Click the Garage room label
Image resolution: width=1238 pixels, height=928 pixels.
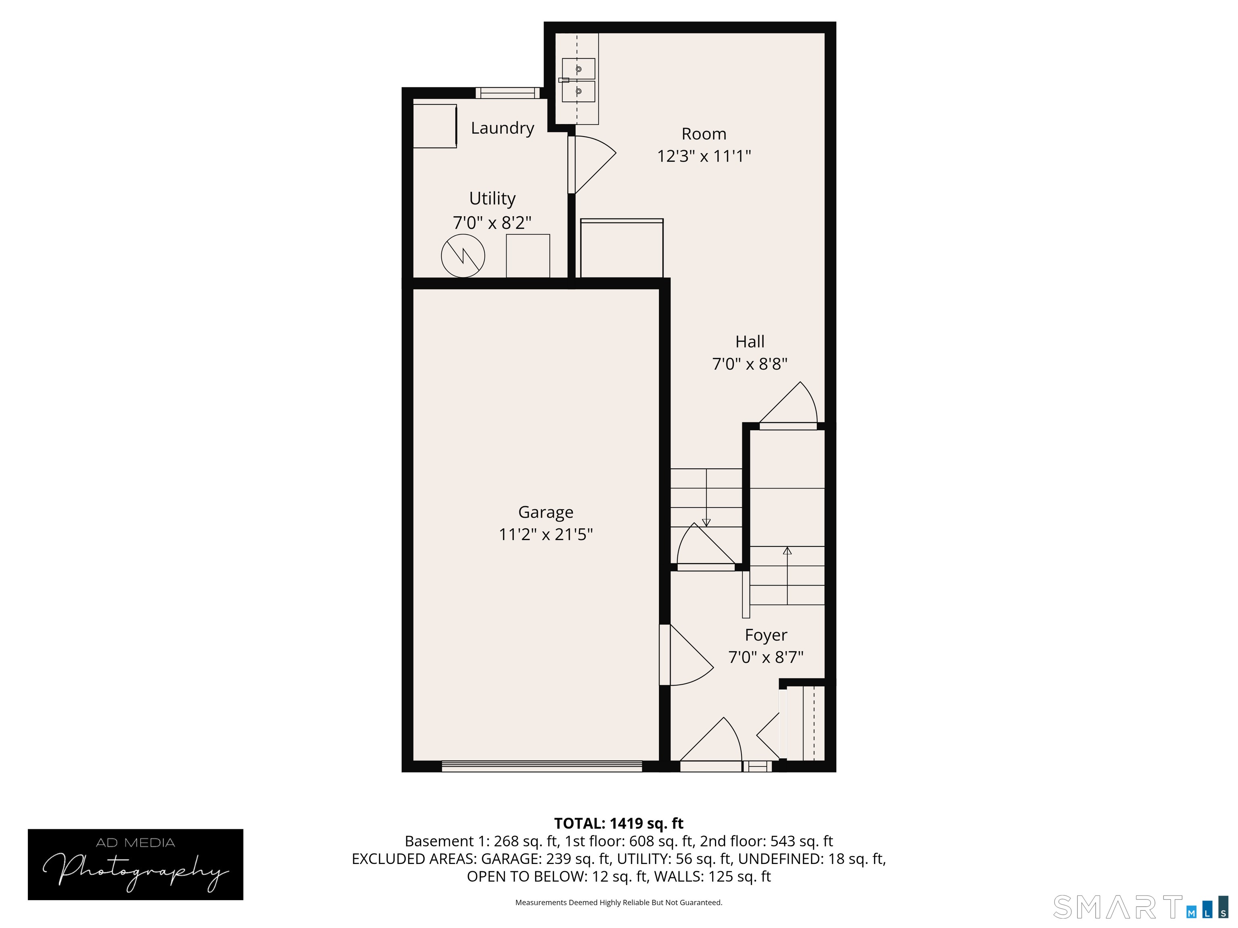point(545,512)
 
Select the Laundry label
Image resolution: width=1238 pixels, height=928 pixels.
point(502,128)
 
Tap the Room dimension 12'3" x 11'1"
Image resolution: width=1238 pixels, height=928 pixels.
point(704,156)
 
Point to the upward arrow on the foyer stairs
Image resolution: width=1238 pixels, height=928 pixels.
point(787,551)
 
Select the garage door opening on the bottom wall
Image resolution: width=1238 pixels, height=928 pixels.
point(541,766)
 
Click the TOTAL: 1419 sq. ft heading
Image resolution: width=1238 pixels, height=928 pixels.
point(619,823)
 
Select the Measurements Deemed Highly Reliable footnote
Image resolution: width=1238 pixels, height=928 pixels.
point(619,902)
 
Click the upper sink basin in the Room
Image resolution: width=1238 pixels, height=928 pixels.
point(578,69)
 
